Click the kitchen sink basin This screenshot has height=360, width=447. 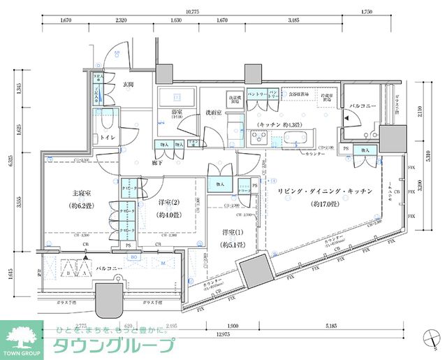[288, 137]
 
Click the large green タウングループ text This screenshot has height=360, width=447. [112, 346]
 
